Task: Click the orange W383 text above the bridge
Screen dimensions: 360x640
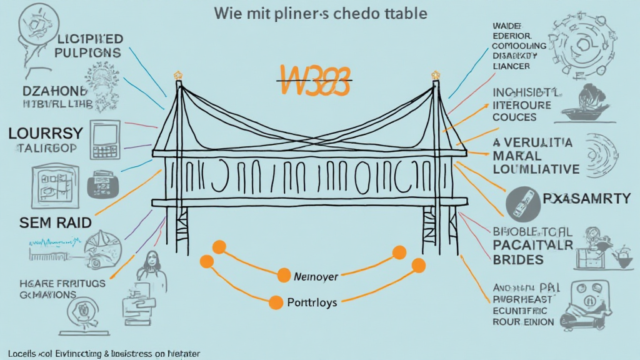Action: tap(313, 80)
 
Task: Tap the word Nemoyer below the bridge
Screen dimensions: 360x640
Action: tap(316, 275)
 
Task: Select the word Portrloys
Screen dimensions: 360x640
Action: tap(312, 302)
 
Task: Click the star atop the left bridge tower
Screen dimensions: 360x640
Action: tap(178, 76)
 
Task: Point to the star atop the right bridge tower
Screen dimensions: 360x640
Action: tap(435, 76)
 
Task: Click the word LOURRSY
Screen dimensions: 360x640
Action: tap(46, 133)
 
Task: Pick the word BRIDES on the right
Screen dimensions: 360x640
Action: tap(518, 259)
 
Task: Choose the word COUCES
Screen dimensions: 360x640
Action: tap(514, 117)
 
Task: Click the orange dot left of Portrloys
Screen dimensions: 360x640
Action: tap(275, 303)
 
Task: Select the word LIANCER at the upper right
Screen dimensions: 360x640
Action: tap(511, 66)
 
